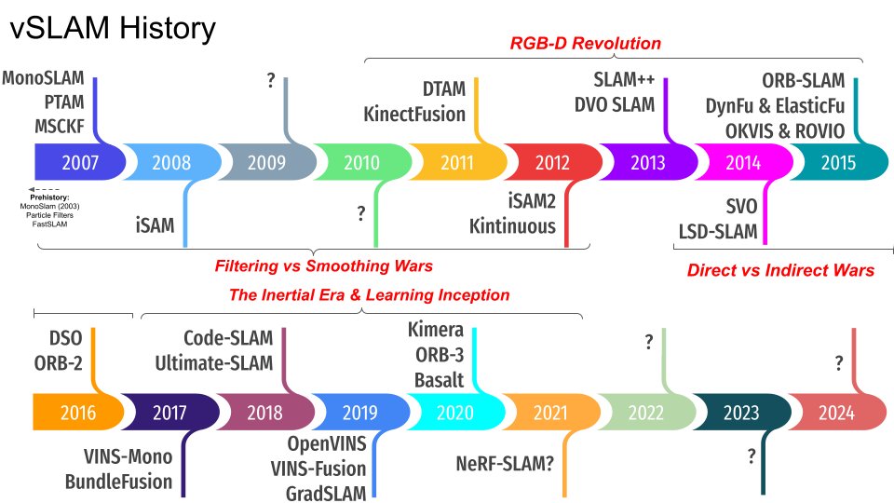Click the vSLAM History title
113,29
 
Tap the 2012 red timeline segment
551,162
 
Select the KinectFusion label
414,114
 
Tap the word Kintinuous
512,225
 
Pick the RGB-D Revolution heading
585,43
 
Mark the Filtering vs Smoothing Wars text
323,266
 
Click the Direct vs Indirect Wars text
780,270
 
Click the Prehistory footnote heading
58,197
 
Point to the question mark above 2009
270,81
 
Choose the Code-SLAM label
227,338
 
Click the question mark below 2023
751,455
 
